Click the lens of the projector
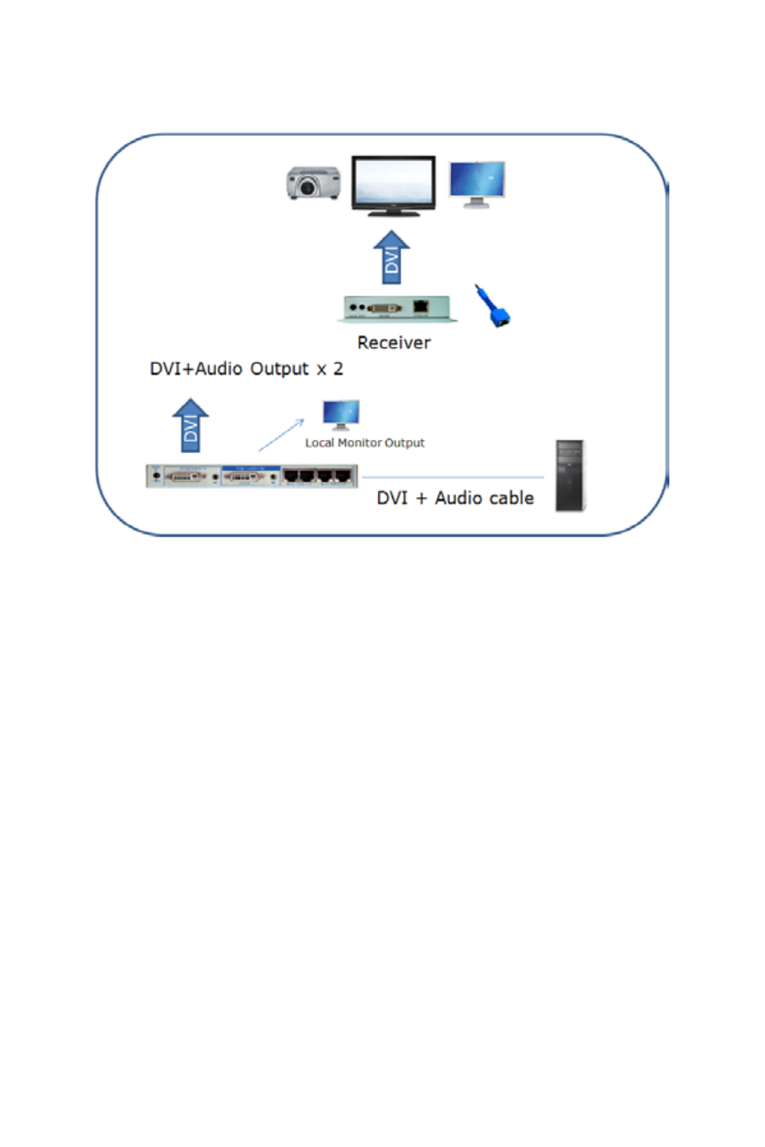click(308, 188)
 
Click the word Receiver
click(394, 343)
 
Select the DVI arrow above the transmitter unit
click(190, 422)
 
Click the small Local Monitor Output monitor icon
click(341, 414)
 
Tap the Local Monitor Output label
click(365, 442)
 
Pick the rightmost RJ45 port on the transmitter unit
click(345, 476)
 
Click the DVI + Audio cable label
click(455, 497)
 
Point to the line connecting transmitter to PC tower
click(452, 477)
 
